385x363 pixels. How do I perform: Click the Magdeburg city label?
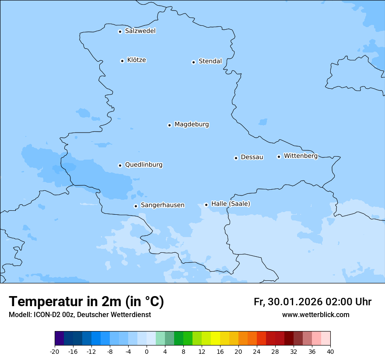click(192, 125)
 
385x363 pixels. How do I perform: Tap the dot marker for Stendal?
click(193, 62)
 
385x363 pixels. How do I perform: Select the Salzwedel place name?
click(140, 31)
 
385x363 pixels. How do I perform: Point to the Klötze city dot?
click(122, 61)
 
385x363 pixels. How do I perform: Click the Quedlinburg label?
click(143, 165)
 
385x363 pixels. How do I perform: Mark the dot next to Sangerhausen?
click(136, 206)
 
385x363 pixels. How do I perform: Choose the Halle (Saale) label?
click(231, 204)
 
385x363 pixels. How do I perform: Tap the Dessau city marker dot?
click(236, 158)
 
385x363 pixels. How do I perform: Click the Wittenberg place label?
click(301, 156)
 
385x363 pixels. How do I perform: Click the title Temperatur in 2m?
click(86, 302)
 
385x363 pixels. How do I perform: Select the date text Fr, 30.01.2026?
click(288, 302)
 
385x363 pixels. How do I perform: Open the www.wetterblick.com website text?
click(315, 315)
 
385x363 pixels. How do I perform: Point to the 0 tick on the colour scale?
click(147, 352)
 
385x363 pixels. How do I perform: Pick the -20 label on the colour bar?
click(55, 352)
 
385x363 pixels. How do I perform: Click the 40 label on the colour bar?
click(330, 352)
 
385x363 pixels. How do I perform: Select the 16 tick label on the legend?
click(220, 352)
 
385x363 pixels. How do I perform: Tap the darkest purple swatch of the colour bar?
click(59, 339)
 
